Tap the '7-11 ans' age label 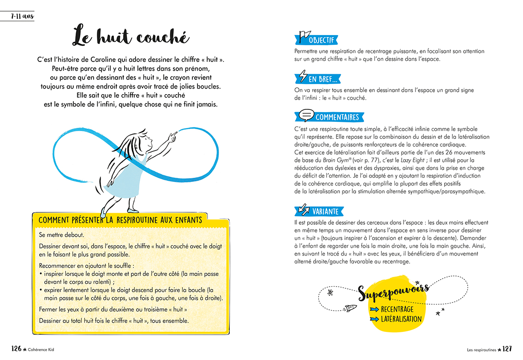coord(22,17)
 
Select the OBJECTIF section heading coord(321,40)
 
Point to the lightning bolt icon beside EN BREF coord(303,76)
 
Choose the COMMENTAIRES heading coord(337,117)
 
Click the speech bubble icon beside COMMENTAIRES coord(306,115)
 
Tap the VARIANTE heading coord(325,211)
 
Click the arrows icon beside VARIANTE coord(304,210)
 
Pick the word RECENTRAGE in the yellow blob coord(397,309)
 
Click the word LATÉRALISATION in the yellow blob coord(401,319)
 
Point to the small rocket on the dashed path coord(350,307)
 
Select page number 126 coord(16,349)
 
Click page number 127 coord(507,349)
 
